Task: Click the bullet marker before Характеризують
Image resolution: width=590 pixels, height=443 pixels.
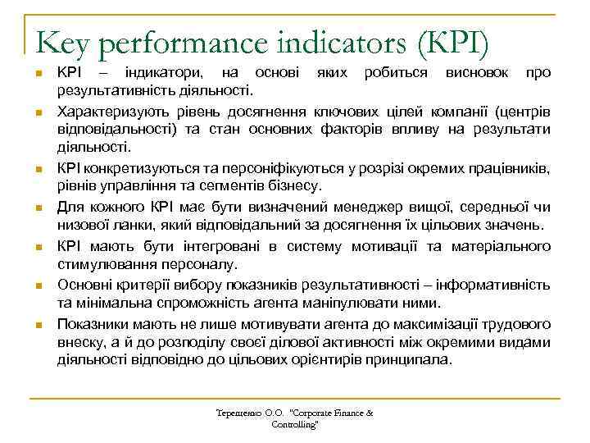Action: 39,112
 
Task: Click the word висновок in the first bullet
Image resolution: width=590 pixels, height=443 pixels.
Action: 475,73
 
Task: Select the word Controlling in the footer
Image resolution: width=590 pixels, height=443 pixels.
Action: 294,425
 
